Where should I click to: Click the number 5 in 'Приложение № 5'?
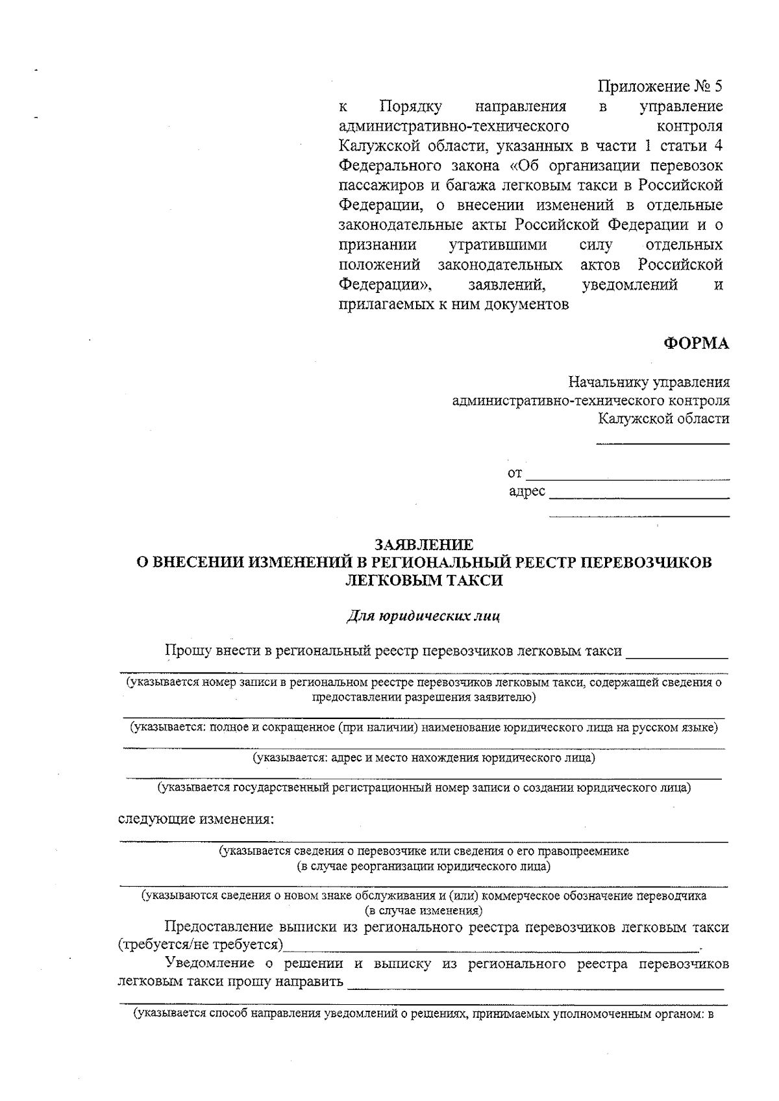[x=717, y=86]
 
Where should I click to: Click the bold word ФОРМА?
[x=696, y=344]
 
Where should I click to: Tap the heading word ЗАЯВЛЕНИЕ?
[x=425, y=544]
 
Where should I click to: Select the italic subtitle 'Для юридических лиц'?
[x=424, y=615]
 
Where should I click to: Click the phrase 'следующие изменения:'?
[x=196, y=818]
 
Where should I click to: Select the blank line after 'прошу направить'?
[x=535, y=984]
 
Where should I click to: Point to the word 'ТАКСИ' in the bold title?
[x=478, y=580]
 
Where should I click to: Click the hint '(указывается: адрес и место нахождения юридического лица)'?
[x=424, y=757]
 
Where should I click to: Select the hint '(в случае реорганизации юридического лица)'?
[x=423, y=867]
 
